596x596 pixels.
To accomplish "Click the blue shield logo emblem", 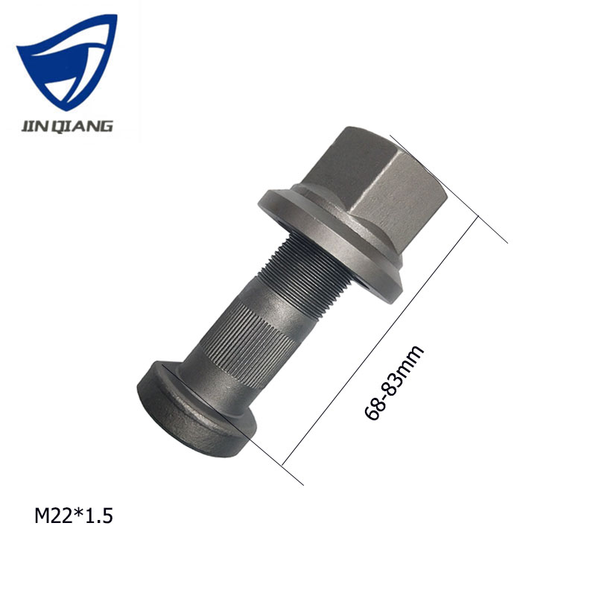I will point(67,63).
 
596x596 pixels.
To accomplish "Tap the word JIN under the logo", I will point(33,126).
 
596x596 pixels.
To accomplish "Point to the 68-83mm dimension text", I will point(395,383).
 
